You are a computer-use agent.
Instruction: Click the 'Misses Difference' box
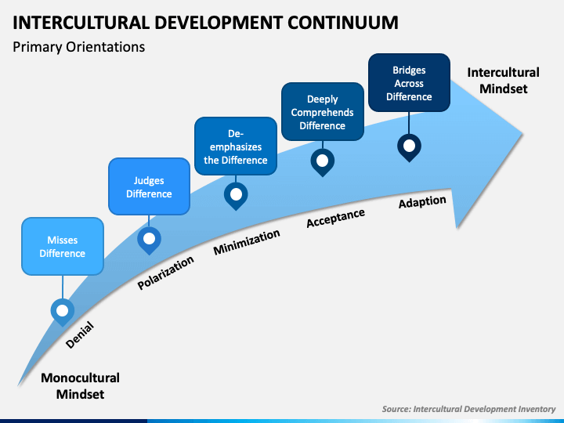63,247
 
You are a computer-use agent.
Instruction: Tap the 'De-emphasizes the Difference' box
236,146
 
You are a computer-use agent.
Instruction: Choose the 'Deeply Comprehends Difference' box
322,112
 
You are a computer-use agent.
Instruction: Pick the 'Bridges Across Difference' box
409,83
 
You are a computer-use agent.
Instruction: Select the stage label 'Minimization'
247,242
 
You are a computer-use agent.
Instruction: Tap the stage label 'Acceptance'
335,219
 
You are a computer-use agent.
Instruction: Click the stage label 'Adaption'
422,202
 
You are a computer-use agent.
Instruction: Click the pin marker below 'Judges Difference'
149,238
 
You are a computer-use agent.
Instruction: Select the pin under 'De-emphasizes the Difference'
236,194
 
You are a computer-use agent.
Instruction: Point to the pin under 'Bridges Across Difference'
409,146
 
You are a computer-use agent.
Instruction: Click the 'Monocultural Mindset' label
80,385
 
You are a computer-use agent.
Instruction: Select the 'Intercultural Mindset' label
497,80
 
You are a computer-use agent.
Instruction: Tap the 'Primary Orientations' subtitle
79,47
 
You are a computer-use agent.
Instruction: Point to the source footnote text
468,409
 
